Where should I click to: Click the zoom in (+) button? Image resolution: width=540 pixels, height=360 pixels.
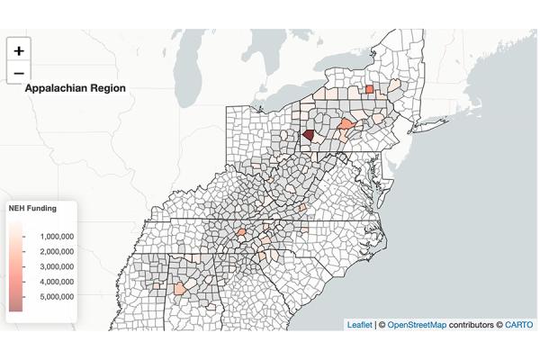(x=19, y=51)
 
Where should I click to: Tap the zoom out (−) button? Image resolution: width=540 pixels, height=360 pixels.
(x=19, y=74)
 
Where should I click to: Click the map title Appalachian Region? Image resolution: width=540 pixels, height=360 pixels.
(x=76, y=88)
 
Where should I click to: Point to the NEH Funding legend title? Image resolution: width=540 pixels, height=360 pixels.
(x=32, y=208)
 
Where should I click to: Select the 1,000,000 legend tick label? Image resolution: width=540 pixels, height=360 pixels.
(x=56, y=236)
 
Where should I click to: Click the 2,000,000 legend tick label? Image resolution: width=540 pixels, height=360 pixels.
(x=56, y=251)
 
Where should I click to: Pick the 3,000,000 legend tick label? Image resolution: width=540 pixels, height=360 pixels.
(x=56, y=266)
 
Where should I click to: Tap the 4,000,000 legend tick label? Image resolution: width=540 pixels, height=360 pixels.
(x=56, y=282)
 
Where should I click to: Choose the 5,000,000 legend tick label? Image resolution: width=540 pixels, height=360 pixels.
(x=56, y=297)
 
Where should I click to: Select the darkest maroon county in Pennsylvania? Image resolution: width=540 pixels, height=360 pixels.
(x=309, y=134)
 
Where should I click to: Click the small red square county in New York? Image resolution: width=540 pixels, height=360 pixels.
(x=370, y=88)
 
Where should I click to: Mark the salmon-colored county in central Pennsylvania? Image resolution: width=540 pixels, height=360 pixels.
(x=346, y=124)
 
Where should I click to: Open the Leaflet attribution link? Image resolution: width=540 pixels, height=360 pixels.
(x=359, y=325)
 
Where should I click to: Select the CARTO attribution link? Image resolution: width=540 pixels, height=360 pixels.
(x=518, y=325)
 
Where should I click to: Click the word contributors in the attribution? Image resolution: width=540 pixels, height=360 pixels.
(x=473, y=325)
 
